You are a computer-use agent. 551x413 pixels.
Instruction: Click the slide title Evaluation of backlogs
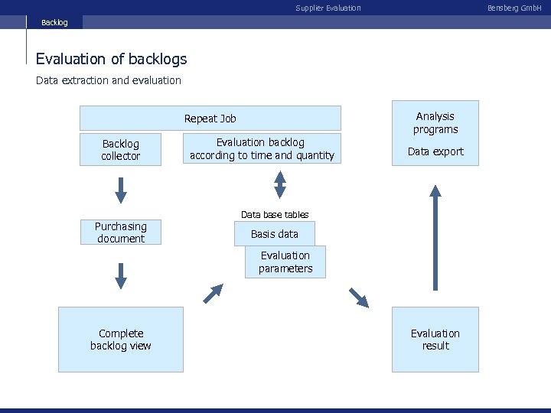tap(111, 59)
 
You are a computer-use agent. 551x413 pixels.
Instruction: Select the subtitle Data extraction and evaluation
tap(109, 80)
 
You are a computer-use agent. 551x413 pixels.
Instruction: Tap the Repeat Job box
tap(210, 119)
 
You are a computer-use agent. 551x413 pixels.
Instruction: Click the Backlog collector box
tap(121, 150)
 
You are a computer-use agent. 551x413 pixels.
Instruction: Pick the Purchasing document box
tap(121, 233)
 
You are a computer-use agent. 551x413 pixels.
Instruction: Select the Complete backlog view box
tap(121, 340)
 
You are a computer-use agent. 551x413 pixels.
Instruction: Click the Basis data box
tap(275, 234)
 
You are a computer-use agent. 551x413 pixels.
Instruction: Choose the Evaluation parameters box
tap(285, 262)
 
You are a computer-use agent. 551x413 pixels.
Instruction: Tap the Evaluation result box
tap(435, 340)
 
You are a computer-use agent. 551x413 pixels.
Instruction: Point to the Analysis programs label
tap(435, 122)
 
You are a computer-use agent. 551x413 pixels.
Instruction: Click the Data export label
tap(435, 151)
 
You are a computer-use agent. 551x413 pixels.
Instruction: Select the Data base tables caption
tap(275, 215)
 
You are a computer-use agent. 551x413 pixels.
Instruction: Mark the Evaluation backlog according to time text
tap(262, 149)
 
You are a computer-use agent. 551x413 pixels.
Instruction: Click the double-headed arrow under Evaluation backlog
tap(280, 184)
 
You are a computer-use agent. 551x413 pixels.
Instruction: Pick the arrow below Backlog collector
tap(121, 189)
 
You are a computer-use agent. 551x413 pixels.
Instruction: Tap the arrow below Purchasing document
tap(121, 275)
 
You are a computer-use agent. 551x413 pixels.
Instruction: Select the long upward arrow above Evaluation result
tap(435, 239)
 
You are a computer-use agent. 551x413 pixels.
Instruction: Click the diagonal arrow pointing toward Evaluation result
tap(357, 297)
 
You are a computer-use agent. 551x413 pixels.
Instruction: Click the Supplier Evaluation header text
tap(328, 8)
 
